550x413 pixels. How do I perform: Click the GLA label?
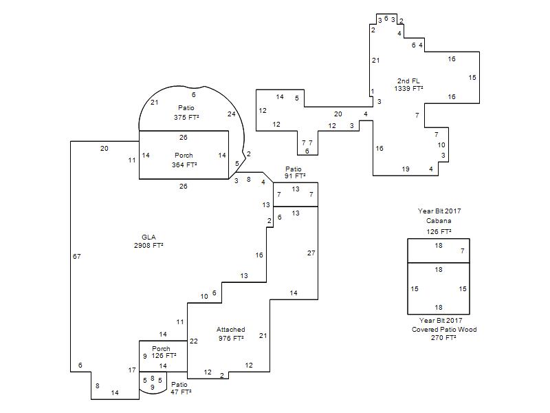pyautogui.click(x=148, y=237)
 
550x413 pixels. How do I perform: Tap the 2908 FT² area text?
pyautogui.click(x=148, y=246)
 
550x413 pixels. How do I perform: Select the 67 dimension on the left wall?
pyautogui.click(x=77, y=256)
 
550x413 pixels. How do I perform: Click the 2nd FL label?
pyautogui.click(x=408, y=81)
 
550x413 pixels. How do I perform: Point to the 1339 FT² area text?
pyautogui.click(x=408, y=89)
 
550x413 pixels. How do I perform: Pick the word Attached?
pyautogui.click(x=230, y=330)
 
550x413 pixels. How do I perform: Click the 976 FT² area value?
pyautogui.click(x=231, y=338)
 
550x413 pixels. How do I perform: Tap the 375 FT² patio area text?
pyautogui.click(x=186, y=117)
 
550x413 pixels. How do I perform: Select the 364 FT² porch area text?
pyautogui.click(x=184, y=165)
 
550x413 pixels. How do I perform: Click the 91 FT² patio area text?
pyautogui.click(x=295, y=176)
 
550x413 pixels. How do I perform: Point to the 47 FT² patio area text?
pyautogui.click(x=181, y=392)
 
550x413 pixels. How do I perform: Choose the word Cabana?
pyautogui.click(x=439, y=221)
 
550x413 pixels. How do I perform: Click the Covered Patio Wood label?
pyautogui.click(x=444, y=330)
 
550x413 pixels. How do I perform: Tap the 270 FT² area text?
pyautogui.click(x=443, y=338)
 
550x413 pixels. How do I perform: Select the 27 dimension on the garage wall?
pyautogui.click(x=311, y=253)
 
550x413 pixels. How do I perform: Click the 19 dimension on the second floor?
pyautogui.click(x=406, y=169)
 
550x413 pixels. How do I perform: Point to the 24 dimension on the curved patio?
pyautogui.click(x=232, y=114)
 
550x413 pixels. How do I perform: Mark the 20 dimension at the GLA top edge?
pyautogui.click(x=104, y=149)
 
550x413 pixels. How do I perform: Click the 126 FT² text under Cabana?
pyautogui.click(x=439, y=232)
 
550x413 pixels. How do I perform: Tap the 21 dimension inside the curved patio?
pyautogui.click(x=154, y=103)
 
